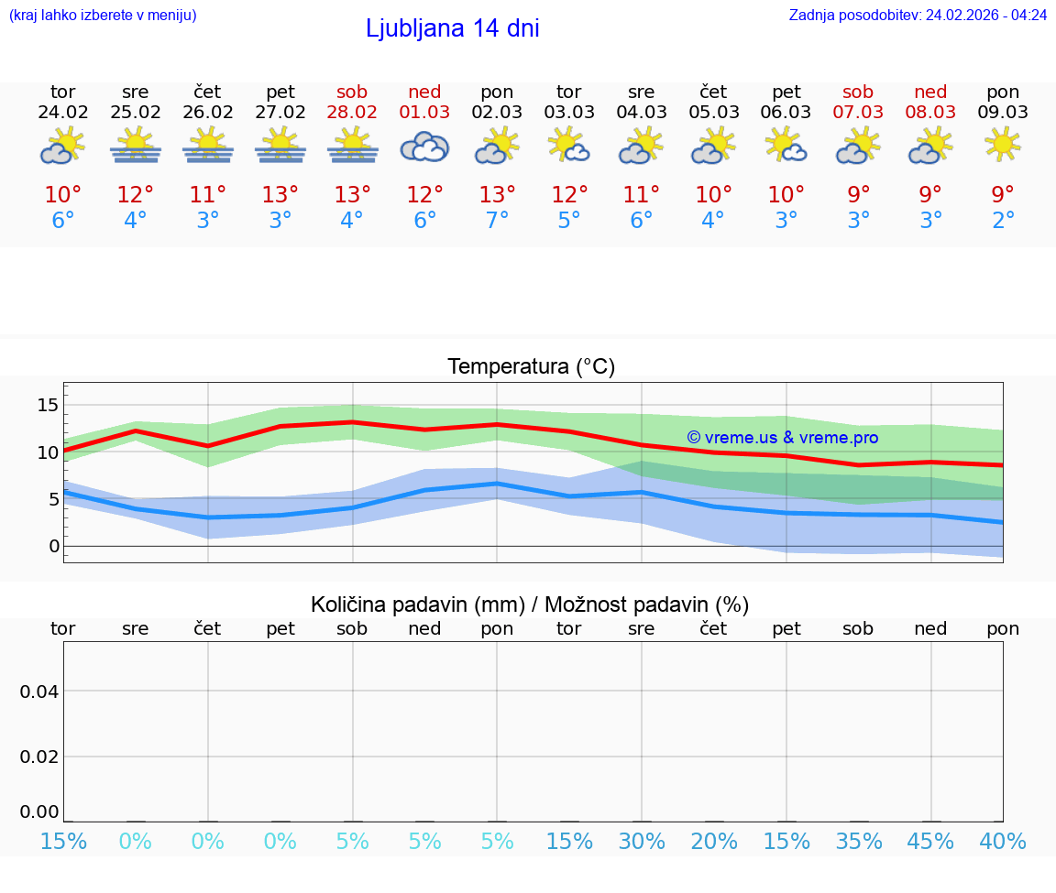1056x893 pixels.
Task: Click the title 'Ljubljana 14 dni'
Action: pos(452,28)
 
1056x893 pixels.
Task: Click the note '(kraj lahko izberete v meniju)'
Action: pos(103,15)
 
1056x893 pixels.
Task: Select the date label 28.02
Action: pos(352,112)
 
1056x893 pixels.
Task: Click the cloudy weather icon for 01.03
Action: pos(424,147)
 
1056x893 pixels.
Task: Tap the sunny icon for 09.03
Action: pos(1003,145)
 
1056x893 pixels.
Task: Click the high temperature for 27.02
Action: pos(280,195)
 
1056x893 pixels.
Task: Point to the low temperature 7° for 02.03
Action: pos(497,221)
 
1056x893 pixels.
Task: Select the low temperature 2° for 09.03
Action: pos(1003,221)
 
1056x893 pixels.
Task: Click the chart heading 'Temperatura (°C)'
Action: pos(531,367)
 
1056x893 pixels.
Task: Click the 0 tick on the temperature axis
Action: pos(53,547)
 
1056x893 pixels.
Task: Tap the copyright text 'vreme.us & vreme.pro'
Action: pos(783,438)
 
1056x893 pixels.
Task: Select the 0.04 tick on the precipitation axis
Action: pos(39,692)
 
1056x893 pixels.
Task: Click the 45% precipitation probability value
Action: pos(930,841)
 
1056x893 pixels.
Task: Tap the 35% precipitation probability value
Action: pos(858,841)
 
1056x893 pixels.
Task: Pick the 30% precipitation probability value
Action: pos(642,841)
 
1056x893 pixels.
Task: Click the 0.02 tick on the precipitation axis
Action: pos(39,757)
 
